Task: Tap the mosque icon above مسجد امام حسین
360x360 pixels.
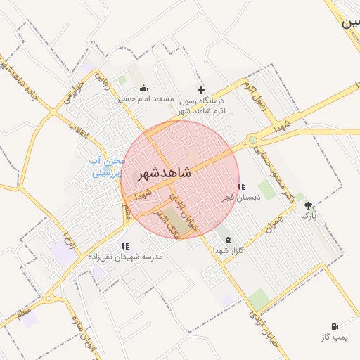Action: pos(144,89)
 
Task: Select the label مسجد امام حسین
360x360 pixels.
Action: pos(144,100)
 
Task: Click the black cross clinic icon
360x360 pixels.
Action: pos(202,90)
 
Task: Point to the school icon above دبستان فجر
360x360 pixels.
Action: pos(241,187)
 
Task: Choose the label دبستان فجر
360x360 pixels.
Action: pos(241,198)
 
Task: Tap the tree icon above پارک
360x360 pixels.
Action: pos(308,205)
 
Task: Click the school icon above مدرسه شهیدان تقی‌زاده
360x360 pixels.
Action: pos(125,246)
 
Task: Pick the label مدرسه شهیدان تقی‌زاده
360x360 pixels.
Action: pos(125,257)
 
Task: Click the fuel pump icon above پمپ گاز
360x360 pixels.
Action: pos(335,327)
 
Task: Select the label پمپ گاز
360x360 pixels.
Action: pos(335,338)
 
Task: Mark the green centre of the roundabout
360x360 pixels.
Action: pos(252,140)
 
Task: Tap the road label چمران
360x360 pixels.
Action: pos(274,224)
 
